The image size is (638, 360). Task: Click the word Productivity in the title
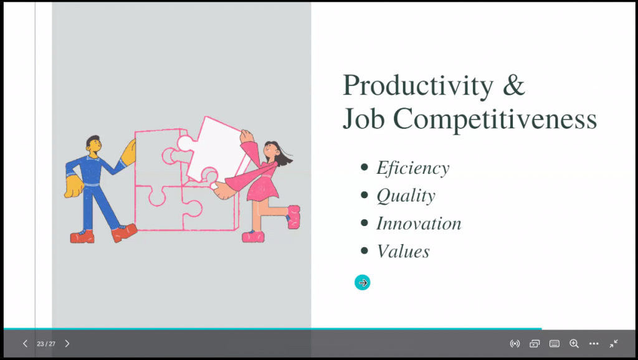(418, 86)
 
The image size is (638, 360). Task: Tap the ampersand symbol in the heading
(514, 85)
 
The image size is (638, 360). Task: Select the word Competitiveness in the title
(495, 118)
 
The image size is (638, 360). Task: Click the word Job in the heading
(363, 118)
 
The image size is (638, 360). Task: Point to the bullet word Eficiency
(413, 168)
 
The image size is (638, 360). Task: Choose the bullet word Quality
(406, 196)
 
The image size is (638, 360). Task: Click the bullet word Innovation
(419, 224)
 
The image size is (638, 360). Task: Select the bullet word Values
(403, 252)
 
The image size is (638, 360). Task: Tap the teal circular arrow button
(362, 282)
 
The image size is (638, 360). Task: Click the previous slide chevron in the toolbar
(25, 344)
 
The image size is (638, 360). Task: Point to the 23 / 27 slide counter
(46, 344)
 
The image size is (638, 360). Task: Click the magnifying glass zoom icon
(574, 344)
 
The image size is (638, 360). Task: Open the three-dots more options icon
(594, 344)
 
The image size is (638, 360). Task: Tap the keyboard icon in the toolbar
(554, 344)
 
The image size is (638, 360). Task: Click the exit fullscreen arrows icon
(614, 344)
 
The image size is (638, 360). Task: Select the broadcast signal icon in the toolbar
(515, 344)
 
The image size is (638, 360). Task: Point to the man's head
(93, 145)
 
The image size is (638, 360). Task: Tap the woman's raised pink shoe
(294, 216)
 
